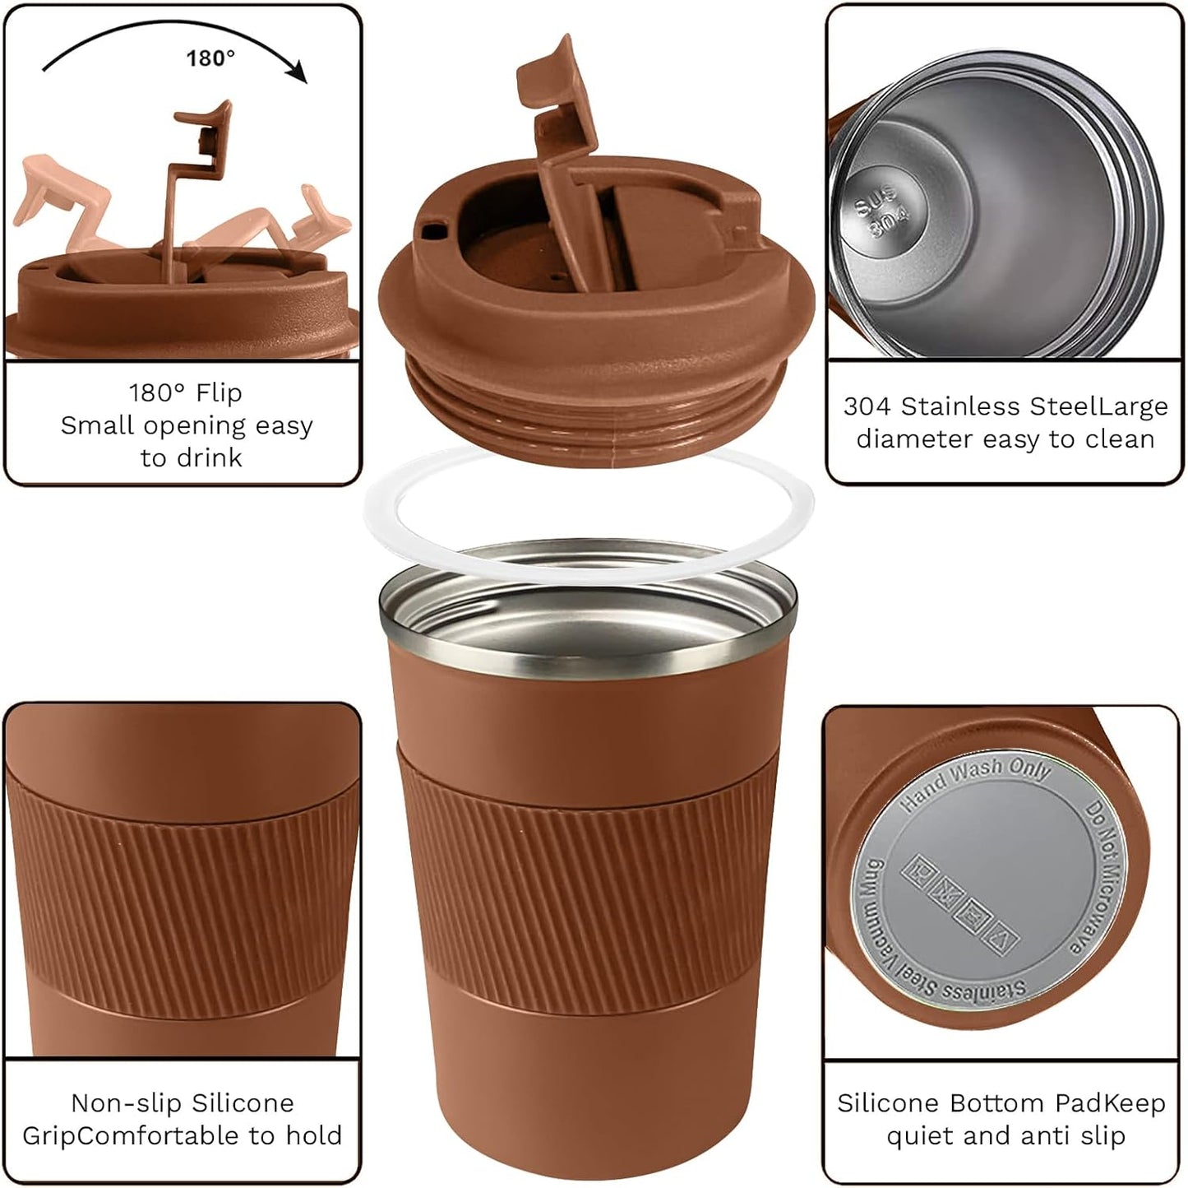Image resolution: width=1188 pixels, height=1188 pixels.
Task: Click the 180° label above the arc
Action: [x=210, y=58]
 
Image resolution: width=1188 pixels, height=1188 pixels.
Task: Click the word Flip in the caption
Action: [x=220, y=392]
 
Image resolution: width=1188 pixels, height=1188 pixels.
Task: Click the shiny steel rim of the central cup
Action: [x=588, y=650]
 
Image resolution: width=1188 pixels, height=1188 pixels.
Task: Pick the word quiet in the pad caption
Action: [x=920, y=1136]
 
